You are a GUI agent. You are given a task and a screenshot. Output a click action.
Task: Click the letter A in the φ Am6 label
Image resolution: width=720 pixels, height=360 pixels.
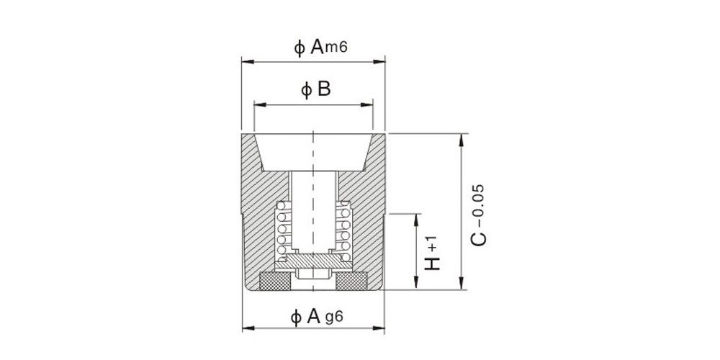point(317,47)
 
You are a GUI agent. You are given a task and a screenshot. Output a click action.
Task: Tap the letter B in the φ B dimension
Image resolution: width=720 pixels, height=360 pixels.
point(324,89)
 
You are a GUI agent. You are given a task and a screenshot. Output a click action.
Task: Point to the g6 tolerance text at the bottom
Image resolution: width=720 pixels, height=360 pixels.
point(333,318)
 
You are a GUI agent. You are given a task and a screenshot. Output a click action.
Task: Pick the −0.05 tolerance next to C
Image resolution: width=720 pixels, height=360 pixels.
point(478,206)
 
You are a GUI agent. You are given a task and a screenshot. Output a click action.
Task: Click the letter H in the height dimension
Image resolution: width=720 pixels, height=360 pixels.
point(432,263)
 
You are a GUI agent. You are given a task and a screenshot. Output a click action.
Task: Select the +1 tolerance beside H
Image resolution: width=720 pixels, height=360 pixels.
point(432,243)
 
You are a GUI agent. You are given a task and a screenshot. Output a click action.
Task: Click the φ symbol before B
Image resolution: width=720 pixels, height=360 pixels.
point(306,91)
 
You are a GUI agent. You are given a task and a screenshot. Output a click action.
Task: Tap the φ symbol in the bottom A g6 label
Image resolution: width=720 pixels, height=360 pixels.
point(296,318)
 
